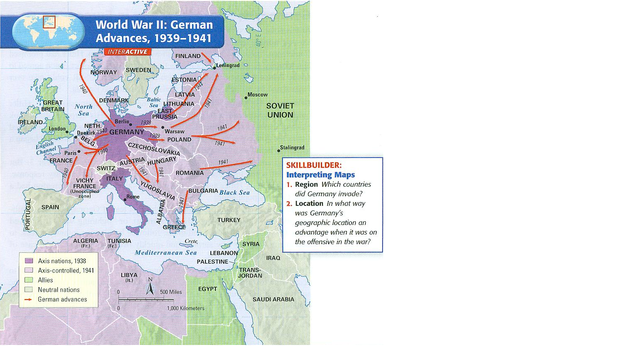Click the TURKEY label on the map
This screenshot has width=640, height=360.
230,219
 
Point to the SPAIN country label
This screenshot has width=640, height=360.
51,207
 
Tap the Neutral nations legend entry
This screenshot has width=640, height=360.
58,290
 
